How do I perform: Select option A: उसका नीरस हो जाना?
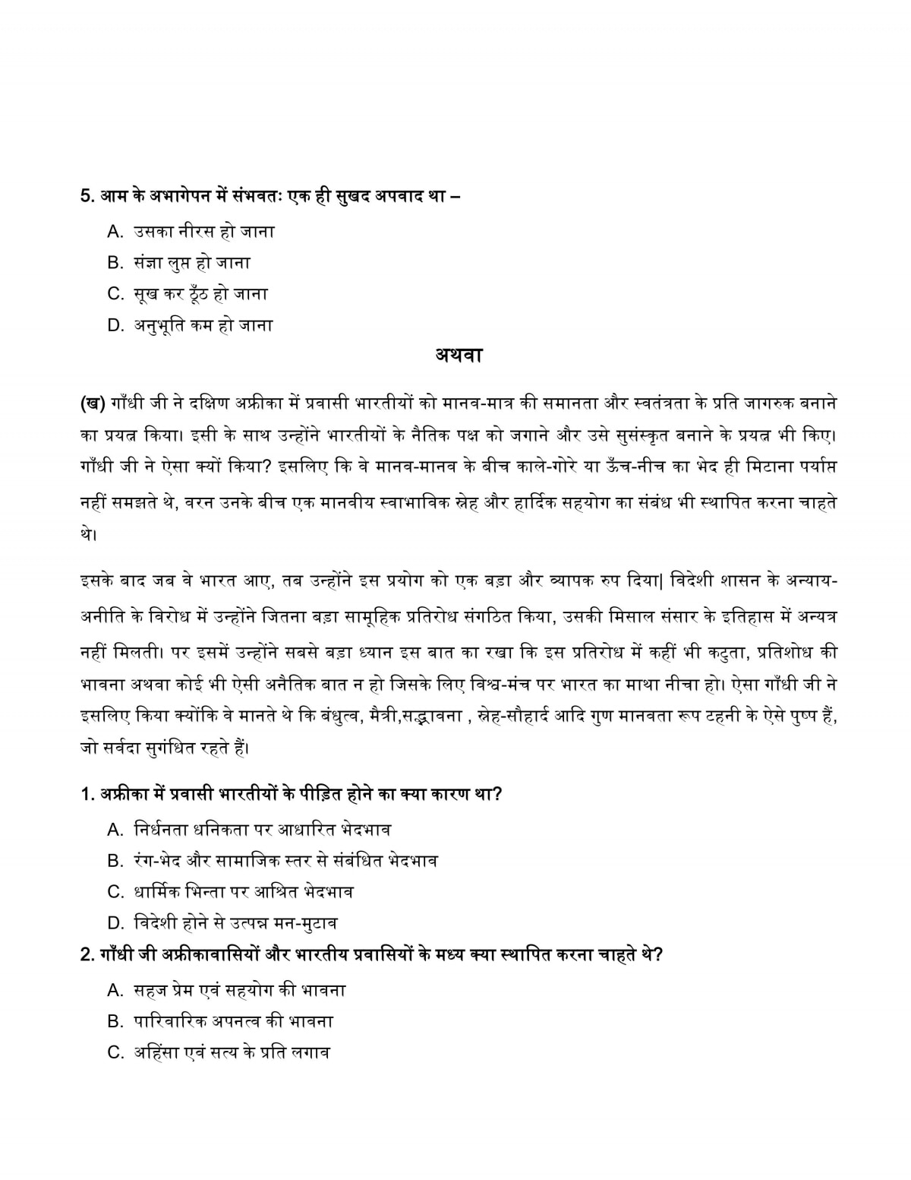coord(203,231)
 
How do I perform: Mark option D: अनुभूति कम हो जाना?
coord(203,325)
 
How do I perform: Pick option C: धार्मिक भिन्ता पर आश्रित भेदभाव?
coord(242,891)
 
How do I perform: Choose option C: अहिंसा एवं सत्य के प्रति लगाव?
coord(231,1053)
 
